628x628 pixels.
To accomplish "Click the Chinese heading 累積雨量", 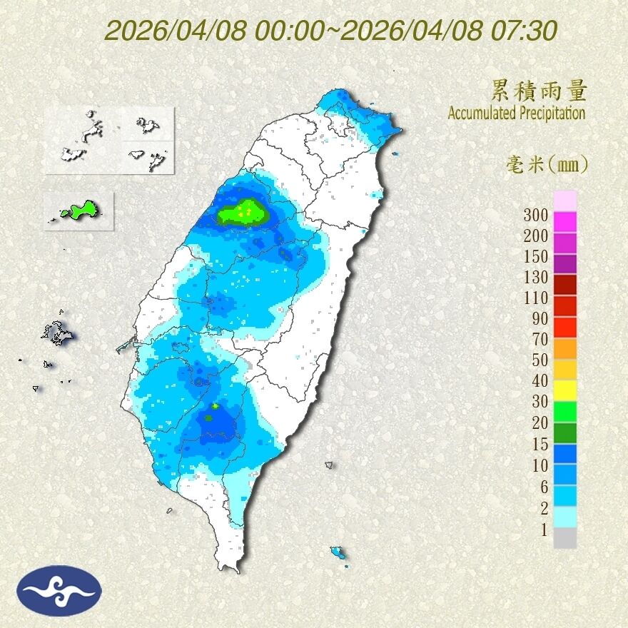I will point(539,91).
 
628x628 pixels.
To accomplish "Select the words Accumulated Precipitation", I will point(516,113).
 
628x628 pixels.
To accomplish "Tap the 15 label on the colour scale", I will point(540,445).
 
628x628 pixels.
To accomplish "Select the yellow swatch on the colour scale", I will point(564,390).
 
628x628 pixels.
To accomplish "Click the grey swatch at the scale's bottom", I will point(564,538).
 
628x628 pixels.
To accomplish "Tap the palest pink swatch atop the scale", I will point(564,201).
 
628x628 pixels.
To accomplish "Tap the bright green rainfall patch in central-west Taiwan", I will point(241,212).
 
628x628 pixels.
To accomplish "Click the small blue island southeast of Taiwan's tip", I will point(338,552).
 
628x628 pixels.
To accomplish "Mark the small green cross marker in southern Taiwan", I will point(215,405).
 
